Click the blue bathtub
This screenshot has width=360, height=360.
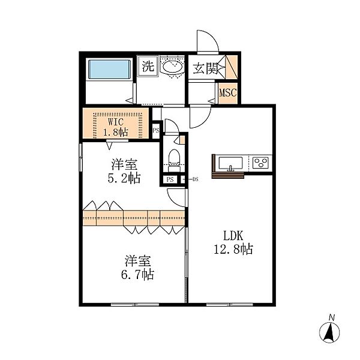(110, 70)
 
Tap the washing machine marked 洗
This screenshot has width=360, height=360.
(148, 65)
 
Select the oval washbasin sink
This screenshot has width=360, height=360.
(172, 67)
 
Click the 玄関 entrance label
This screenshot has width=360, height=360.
(205, 68)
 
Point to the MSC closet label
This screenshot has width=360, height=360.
(228, 93)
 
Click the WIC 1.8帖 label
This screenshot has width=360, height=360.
(115, 127)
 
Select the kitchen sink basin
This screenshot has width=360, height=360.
(230, 163)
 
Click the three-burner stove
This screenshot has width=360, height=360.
(260, 163)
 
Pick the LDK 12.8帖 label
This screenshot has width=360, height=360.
(233, 242)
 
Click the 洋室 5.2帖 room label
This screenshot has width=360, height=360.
(124, 171)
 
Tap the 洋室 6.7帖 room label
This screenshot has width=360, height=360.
(137, 268)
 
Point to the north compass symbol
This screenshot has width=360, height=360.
(329, 332)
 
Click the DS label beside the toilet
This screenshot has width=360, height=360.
(195, 179)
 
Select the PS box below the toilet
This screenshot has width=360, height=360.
(170, 179)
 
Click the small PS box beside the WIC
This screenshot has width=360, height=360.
(156, 130)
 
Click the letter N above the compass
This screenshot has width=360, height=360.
(331, 317)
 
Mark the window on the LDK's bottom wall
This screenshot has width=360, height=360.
(230, 305)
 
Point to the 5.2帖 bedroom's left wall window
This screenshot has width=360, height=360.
(80, 157)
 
